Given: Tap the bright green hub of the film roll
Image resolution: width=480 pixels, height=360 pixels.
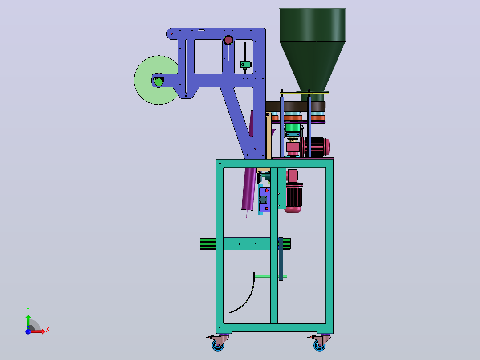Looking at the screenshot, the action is (159, 82).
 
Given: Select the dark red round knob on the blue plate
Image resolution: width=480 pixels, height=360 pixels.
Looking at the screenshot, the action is (228, 40).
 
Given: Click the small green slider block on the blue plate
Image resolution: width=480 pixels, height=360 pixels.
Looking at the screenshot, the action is (245, 65).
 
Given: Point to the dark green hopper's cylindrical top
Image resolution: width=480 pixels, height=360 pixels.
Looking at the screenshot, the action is (313, 25).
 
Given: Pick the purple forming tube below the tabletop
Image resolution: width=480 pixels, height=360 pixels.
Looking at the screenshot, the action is (249, 189).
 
